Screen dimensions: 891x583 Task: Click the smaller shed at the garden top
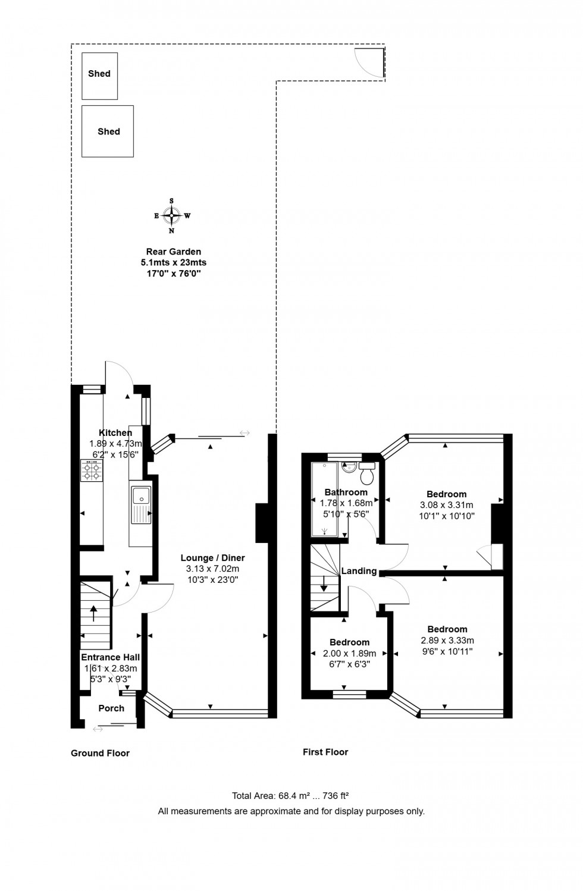(99, 76)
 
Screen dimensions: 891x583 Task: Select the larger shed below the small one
(108, 131)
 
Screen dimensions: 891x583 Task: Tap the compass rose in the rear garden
(172, 215)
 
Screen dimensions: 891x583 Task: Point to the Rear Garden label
(174, 252)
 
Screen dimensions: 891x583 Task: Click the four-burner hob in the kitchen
(92, 470)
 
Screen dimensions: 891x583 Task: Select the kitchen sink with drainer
(142, 505)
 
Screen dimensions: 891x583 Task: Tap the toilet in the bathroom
(366, 473)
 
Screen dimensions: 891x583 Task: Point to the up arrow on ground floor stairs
(93, 613)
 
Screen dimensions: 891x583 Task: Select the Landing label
(359, 571)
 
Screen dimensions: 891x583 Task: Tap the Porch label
(111, 708)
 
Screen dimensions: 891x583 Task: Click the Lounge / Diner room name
(212, 558)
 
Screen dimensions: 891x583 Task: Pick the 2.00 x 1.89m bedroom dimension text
(350, 653)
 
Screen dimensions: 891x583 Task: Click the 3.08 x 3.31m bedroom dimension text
(446, 505)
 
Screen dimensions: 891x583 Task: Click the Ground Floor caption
(100, 753)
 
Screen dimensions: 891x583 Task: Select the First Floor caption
(325, 752)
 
